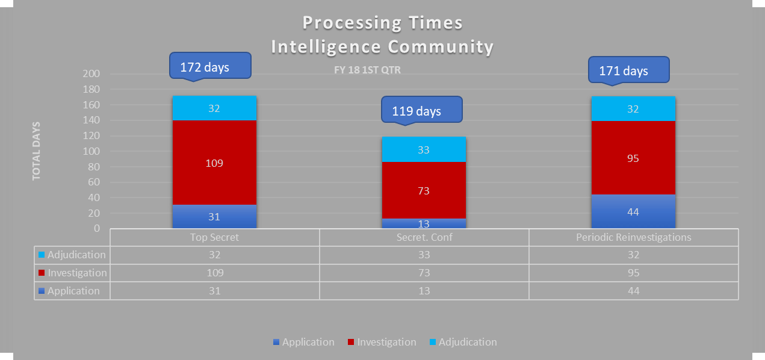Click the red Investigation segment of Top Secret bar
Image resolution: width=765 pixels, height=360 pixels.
(x=214, y=163)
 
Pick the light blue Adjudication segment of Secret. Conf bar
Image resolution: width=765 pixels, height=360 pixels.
(x=424, y=149)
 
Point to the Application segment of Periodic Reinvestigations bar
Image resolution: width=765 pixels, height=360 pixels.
(x=633, y=211)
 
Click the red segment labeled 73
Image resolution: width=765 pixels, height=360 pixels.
(x=424, y=190)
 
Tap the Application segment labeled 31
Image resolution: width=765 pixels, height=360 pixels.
(x=214, y=217)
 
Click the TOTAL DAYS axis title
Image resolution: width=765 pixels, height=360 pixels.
(x=37, y=151)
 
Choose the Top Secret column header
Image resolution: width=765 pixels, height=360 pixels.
(x=214, y=237)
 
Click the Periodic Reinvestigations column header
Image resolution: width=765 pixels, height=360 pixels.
(x=633, y=237)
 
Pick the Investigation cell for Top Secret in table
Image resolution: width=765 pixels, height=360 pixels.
(x=214, y=273)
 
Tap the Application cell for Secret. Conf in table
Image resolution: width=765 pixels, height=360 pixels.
(x=424, y=291)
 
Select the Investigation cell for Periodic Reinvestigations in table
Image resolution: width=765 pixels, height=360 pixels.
(x=633, y=273)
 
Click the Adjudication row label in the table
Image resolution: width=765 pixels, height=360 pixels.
(x=76, y=255)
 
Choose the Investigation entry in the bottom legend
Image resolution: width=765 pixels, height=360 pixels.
(x=386, y=342)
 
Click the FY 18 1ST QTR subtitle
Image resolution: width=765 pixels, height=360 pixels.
(x=367, y=70)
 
